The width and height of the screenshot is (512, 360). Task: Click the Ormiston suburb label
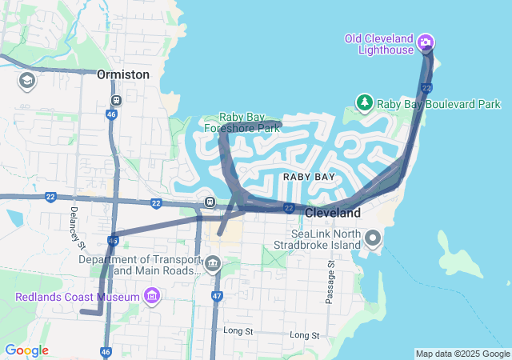[122, 74]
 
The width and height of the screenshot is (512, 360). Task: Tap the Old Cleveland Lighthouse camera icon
[426, 42]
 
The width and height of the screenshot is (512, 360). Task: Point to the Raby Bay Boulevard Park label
[438, 104]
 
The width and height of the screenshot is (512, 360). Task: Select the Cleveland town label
[333, 213]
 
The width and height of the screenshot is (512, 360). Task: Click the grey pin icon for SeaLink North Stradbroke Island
[373, 238]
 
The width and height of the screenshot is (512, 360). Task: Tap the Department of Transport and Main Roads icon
[213, 263]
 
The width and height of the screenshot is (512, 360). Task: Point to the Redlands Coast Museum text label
[77, 298]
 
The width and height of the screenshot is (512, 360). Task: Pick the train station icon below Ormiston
[117, 101]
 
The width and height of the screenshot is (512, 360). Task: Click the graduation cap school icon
[26, 81]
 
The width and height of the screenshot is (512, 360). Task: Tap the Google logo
[26, 350]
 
